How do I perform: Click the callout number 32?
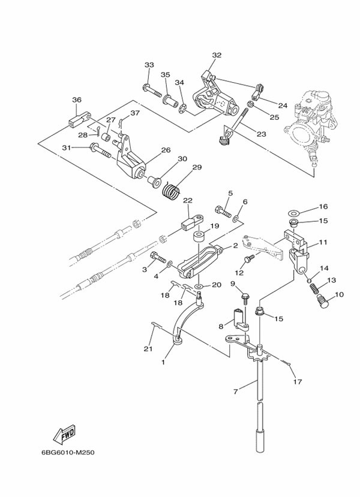tap(217, 55)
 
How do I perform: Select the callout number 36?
tap(77, 100)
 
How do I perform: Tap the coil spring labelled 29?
tap(172, 191)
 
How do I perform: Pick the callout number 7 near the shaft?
tap(236, 391)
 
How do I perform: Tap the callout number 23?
tap(260, 134)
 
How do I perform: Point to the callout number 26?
tap(165, 150)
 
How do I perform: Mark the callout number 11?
tap(323, 243)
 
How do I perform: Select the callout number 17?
tap(296, 381)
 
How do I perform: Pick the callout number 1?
tap(163, 363)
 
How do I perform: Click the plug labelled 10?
tap(325, 299)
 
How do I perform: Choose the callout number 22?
tap(187, 200)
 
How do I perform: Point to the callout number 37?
tap(135, 113)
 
